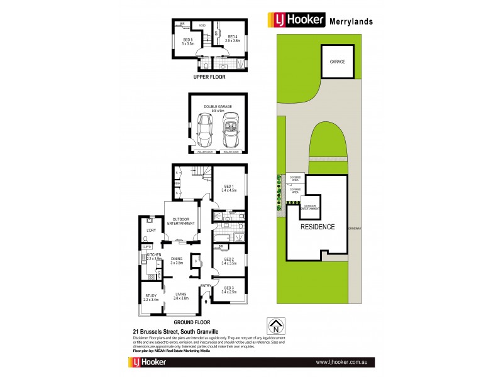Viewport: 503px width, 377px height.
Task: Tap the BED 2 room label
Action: coord(228,260)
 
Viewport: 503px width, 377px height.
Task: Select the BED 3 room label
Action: coord(228,290)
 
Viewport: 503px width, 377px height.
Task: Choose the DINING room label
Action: coord(177,260)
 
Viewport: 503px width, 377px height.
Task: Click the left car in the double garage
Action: coord(204,130)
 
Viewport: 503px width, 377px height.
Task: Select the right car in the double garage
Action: coord(231,131)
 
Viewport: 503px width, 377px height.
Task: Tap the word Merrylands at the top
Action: coord(351,21)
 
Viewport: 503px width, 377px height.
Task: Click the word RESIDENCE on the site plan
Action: coord(317,227)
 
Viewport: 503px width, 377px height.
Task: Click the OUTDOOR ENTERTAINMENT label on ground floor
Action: coord(180,221)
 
